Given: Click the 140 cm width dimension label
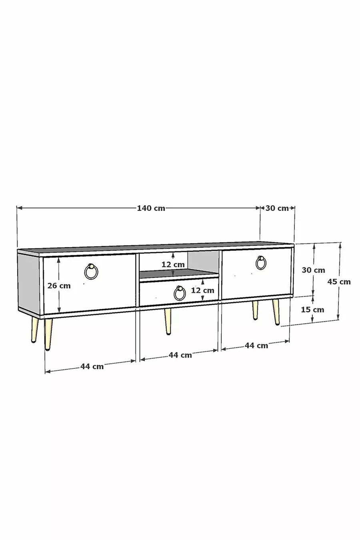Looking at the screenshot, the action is pos(151,208).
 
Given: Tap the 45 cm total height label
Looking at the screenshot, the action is pos(339,282).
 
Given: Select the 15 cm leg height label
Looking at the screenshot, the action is pos(312,310).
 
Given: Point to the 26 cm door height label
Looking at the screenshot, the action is pos(59,286).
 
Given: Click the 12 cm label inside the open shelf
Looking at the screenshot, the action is pos(173,264).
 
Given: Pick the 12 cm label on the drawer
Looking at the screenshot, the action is pos(202,290).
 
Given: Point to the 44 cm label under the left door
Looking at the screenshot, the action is pos(92,366).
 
